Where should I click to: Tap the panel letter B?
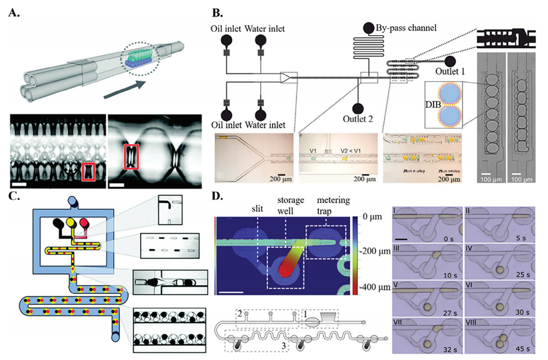click(219, 11)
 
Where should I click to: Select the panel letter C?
click(13, 198)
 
